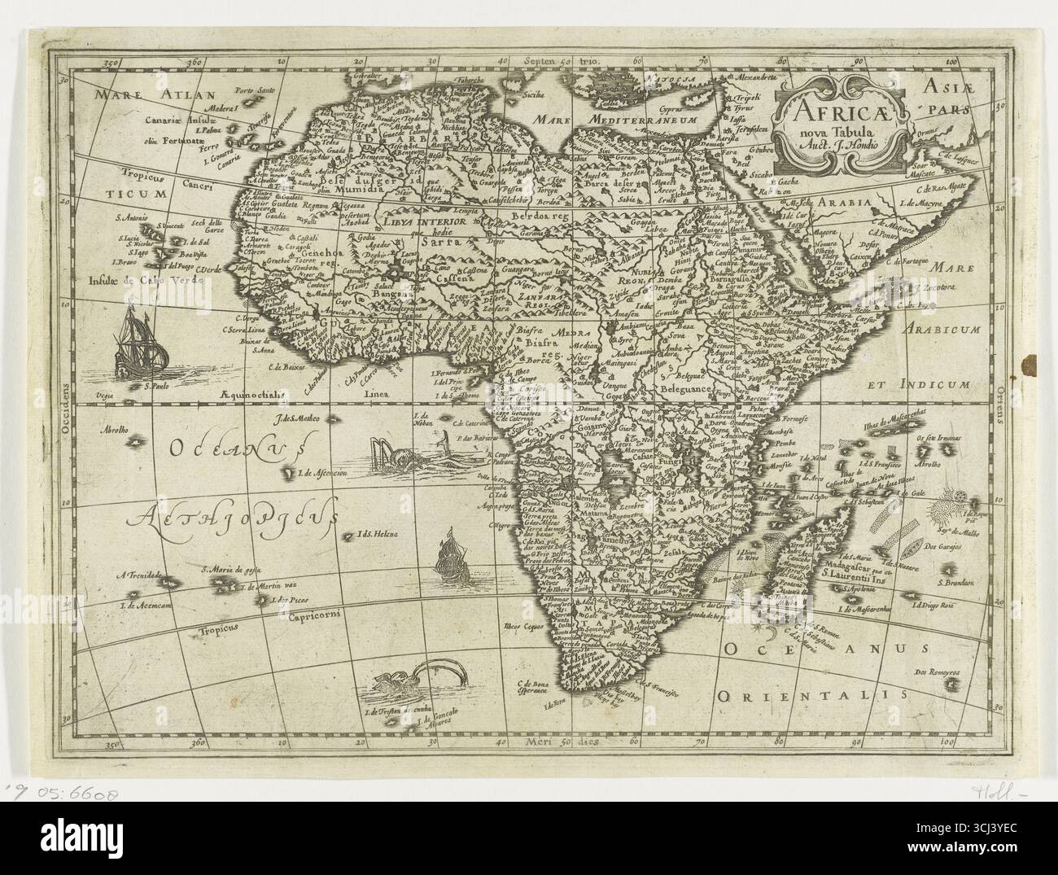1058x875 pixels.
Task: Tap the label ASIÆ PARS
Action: pos(945,95)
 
